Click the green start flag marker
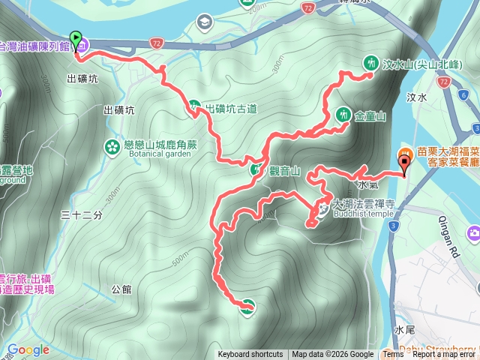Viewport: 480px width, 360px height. coord(75,37)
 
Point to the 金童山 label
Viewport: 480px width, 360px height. coord(370,116)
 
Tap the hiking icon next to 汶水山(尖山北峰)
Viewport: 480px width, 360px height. coord(370,63)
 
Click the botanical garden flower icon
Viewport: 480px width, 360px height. coord(112,145)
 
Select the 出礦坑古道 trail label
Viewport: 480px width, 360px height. coord(230,108)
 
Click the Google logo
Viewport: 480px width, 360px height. coord(28,349)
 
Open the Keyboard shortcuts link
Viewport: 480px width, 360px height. coord(250,355)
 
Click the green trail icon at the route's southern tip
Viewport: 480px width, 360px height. coord(247,304)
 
